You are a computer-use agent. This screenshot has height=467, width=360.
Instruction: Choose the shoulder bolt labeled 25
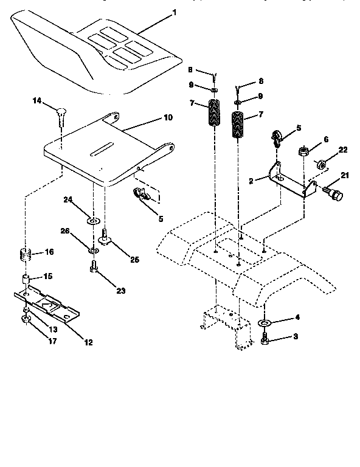(x=106, y=235)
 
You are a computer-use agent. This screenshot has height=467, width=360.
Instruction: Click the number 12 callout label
(x=88, y=342)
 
